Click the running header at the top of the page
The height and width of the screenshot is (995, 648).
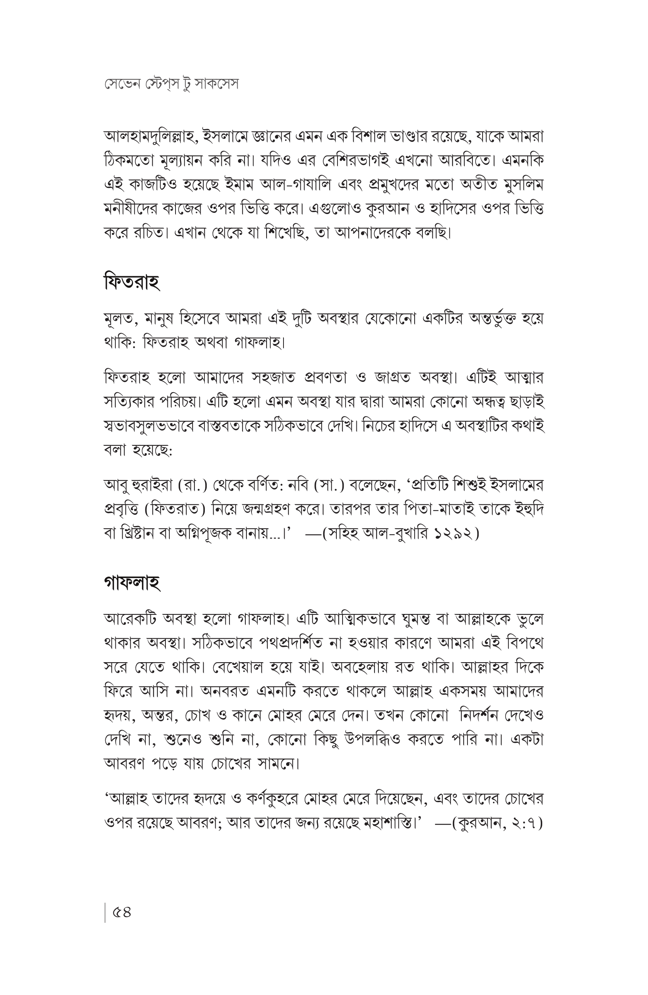click(171, 84)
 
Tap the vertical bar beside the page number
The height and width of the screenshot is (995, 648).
click(105, 912)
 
